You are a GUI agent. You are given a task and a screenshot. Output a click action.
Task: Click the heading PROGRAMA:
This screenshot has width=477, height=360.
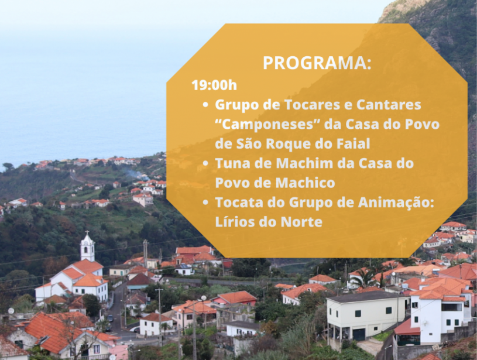click(x=317, y=63)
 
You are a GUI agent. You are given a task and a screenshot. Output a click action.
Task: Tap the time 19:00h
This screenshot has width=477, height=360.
click(x=214, y=85)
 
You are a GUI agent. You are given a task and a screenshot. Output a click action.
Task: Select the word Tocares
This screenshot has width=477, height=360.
click(x=314, y=105)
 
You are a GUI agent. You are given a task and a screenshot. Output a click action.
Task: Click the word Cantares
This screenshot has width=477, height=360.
click(x=389, y=105)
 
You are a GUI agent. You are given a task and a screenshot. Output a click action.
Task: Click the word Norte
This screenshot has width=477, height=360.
click(x=301, y=222)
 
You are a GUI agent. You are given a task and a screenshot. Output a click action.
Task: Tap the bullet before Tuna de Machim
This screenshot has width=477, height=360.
click(x=205, y=164)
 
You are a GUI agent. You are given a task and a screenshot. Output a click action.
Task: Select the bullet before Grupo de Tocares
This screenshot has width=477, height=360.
click(x=205, y=105)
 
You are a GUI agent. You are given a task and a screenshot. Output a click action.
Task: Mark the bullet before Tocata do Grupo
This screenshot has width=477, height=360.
click(x=205, y=203)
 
